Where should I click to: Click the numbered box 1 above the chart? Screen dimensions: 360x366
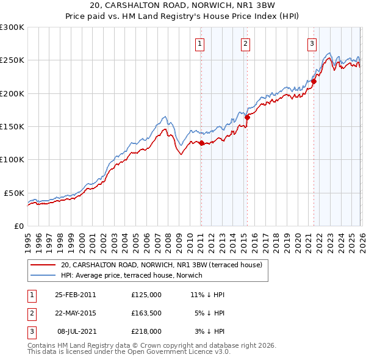coord(200,43)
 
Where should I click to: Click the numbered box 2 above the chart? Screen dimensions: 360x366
coord(245,43)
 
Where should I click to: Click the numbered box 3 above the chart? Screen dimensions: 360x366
coord(312,43)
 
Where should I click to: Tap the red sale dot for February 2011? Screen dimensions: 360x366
coord(201,143)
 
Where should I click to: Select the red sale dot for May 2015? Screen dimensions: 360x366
coord(248,118)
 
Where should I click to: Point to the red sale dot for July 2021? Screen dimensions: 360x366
coord(314,81)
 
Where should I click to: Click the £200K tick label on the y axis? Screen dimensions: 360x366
coord(12,93)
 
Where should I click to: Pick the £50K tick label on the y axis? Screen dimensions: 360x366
coord(14,193)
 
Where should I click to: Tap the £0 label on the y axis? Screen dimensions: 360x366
coord(19,226)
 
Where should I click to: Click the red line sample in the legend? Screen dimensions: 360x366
coord(43,265)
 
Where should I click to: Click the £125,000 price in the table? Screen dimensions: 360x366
coord(146,294)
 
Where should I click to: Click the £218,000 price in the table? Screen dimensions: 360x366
coord(146,332)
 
